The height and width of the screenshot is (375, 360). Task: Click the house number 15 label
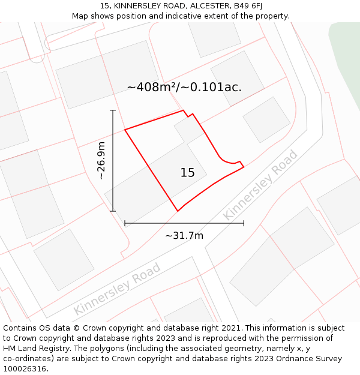pos(187,173)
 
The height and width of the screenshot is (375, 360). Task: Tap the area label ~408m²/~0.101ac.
pos(184,87)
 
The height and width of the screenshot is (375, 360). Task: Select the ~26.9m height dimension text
pos(101,160)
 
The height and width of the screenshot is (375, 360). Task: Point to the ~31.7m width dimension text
pos(184,235)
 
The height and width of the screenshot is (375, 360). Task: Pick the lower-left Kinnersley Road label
pos(117,289)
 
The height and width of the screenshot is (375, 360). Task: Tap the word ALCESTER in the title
pos(206,6)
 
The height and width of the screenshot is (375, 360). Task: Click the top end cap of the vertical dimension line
pos(113,110)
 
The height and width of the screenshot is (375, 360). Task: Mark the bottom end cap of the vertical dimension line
pos(113,211)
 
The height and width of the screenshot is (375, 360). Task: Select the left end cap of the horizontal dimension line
pos(125,223)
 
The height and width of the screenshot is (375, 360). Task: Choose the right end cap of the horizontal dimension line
pos(244,223)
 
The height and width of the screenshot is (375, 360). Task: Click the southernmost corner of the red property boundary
pos(178,211)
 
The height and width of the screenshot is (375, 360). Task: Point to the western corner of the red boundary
pos(125,130)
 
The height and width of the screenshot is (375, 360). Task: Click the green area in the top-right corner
pos(347,60)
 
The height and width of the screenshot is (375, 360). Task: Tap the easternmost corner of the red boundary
pos(244,167)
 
